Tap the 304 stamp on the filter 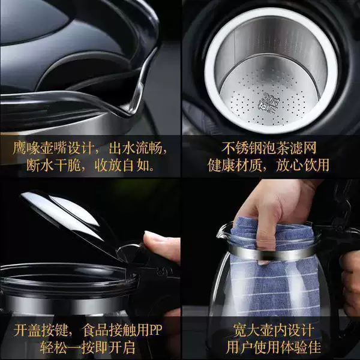coord(269,101)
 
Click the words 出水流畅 coord(136,148)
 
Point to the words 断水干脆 coord(53,165)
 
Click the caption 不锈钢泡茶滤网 coord(269,148)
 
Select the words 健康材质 coord(235,165)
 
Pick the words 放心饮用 coord(302,165)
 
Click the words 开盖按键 coord(40,330)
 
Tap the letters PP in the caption coord(155,330)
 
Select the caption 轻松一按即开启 coord(88,347)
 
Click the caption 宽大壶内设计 coord(274,330)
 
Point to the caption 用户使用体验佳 coord(273,347)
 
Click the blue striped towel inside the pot coord(275,275)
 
